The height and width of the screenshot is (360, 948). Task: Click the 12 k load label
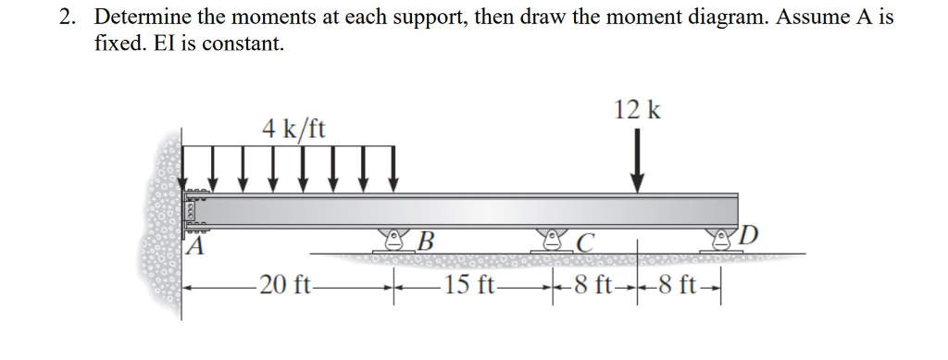pyautogui.click(x=637, y=110)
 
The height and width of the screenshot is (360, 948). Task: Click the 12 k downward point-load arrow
pyautogui.click(x=637, y=162)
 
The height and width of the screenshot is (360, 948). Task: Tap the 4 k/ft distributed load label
pyautogui.click(x=293, y=128)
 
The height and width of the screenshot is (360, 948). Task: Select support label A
pyautogui.click(x=193, y=246)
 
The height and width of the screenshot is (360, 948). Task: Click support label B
pyautogui.click(x=426, y=243)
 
